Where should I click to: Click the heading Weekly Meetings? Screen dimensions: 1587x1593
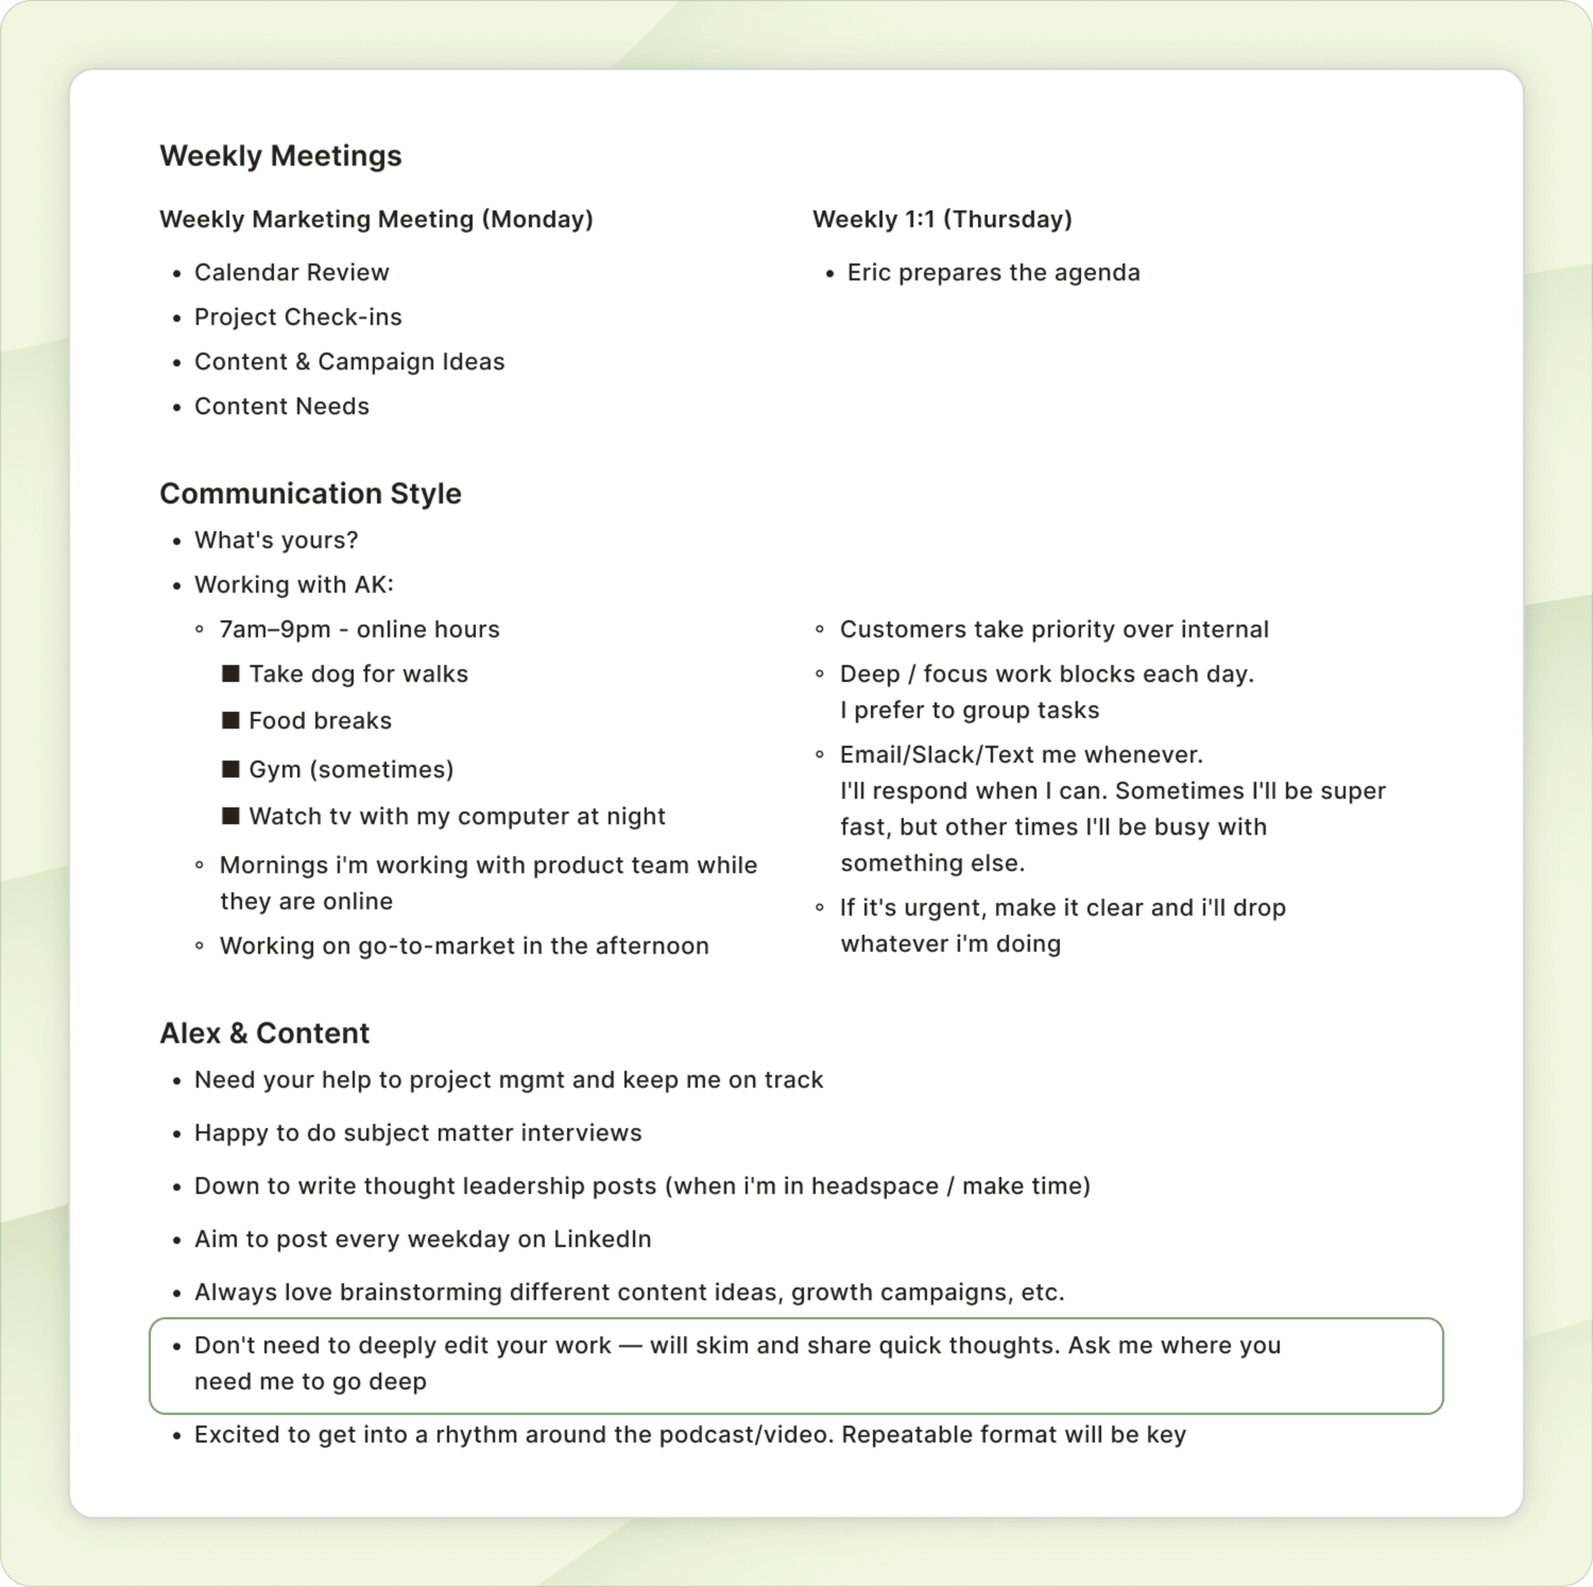tap(280, 156)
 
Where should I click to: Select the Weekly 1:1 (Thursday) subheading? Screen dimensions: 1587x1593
tap(942, 219)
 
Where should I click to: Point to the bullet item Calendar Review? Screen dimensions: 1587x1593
tap(291, 273)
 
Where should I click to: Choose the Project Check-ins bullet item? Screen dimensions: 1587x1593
tap(297, 318)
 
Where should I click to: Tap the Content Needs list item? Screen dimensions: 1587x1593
tap(281, 406)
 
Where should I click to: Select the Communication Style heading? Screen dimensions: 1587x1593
tap(310, 494)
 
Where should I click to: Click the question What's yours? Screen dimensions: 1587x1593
tap(276, 540)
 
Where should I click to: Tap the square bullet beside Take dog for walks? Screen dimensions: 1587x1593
tap(231, 673)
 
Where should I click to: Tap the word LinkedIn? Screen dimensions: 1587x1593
tap(602, 1239)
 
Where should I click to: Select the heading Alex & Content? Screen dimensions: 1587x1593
tap(264, 1033)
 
